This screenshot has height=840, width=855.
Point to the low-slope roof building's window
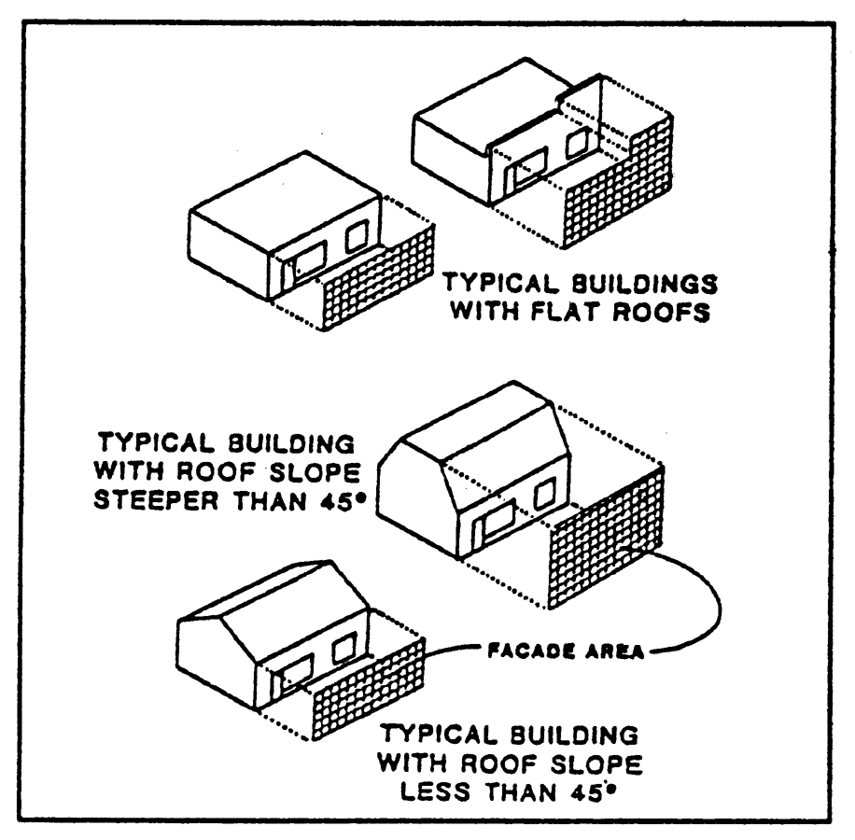(343, 648)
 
